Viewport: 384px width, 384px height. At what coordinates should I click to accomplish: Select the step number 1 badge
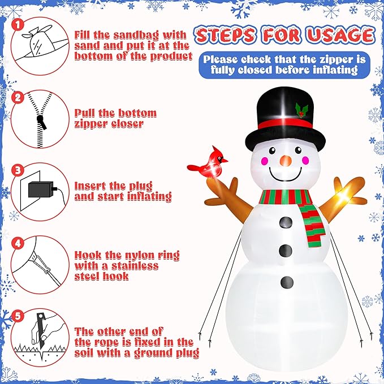coord(18,25)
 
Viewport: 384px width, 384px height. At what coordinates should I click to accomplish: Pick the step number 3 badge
coord(18,170)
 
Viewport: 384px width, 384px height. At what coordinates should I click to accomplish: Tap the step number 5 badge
coord(18,316)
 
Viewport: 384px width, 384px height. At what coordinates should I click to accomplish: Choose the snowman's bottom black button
coord(287,281)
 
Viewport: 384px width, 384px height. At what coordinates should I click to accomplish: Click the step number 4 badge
coord(18,243)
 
